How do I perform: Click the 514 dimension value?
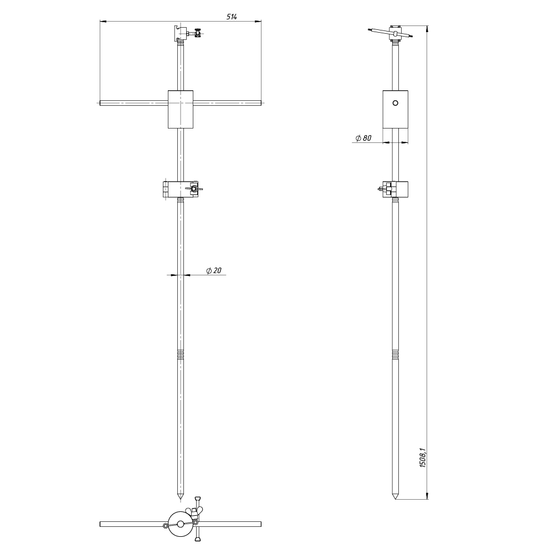click(232, 17)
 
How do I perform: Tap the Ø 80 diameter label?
click(363, 138)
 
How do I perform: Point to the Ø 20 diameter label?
click(214, 270)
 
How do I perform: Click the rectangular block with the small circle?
click(396, 109)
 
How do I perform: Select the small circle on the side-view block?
click(396, 103)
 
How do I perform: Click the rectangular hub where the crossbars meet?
click(181, 109)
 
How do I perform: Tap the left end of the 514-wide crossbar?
click(100, 103)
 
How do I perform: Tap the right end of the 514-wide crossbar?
click(261, 103)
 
